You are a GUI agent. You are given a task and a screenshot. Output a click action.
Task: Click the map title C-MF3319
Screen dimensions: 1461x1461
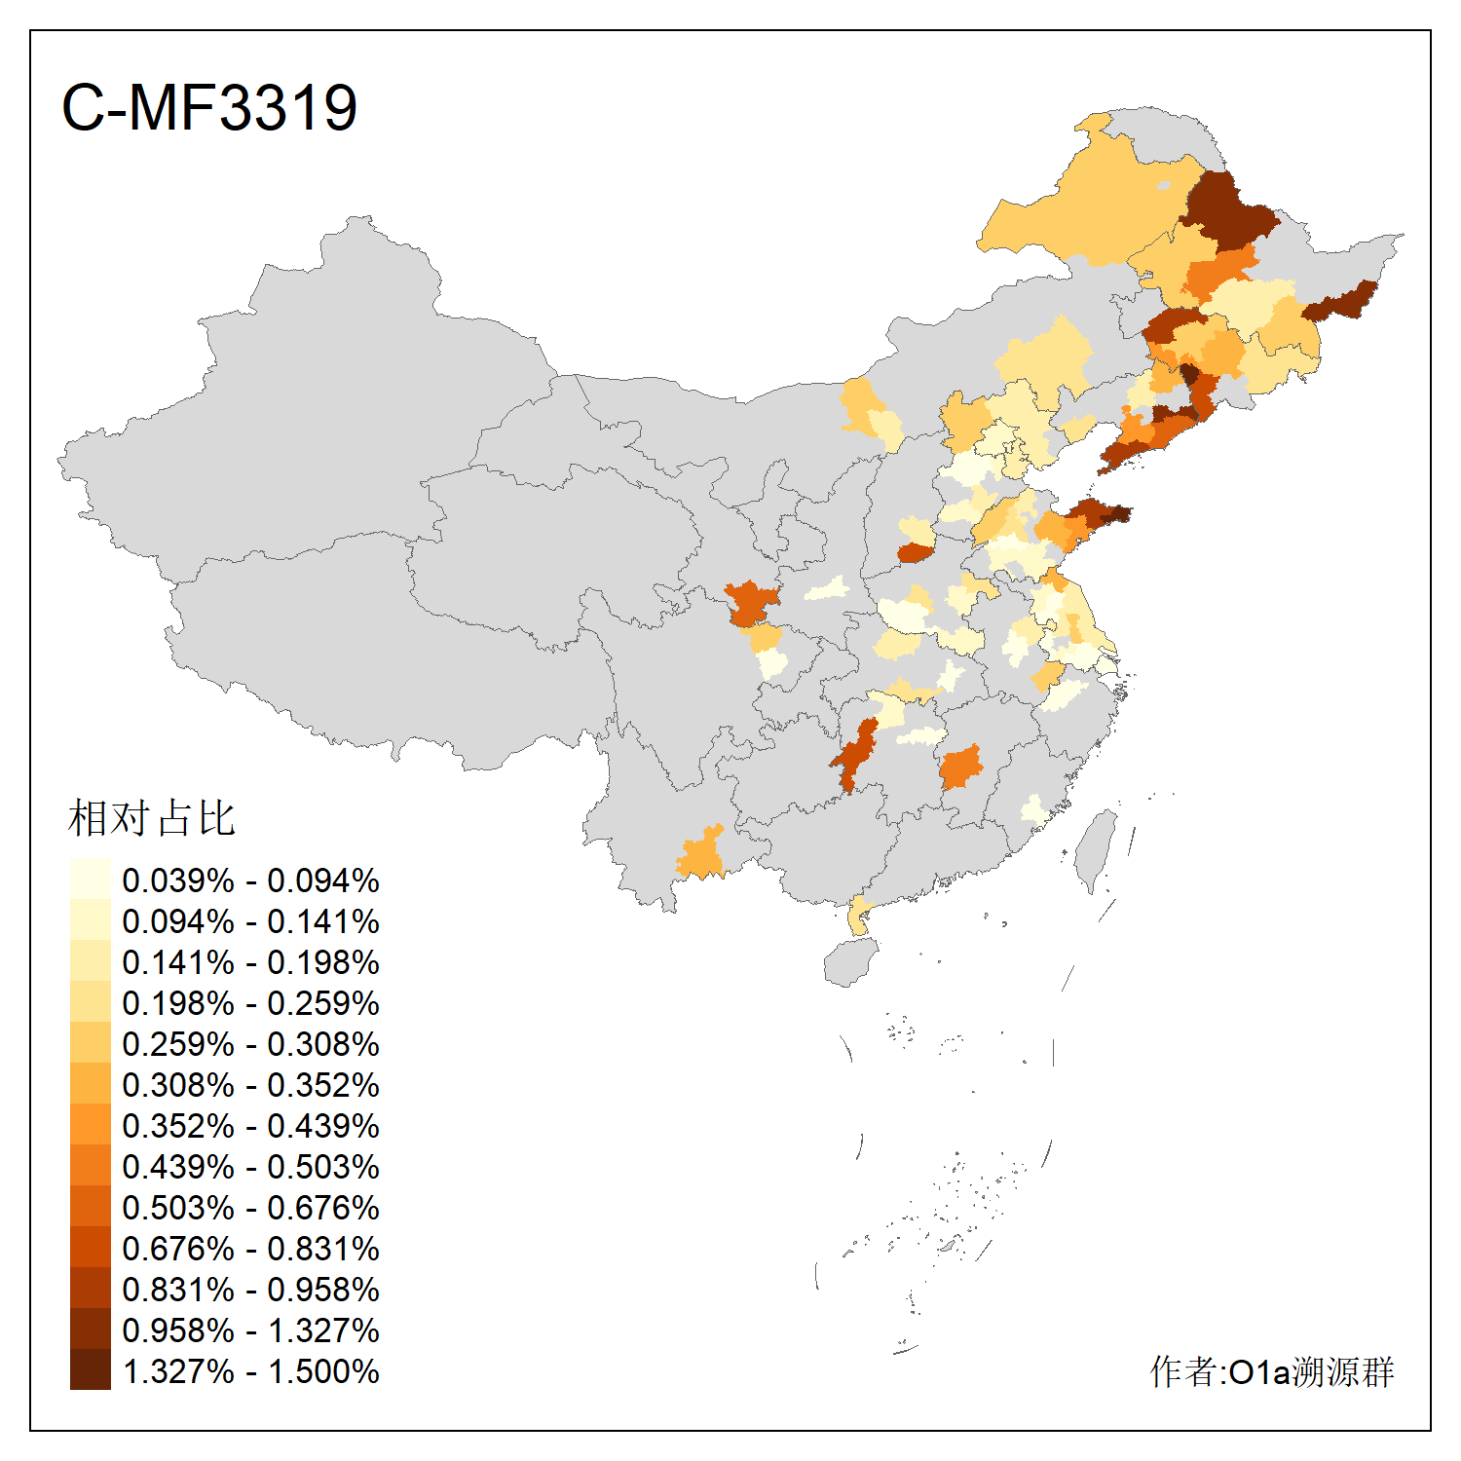point(208,107)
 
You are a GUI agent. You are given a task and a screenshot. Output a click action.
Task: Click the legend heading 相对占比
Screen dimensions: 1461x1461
point(151,818)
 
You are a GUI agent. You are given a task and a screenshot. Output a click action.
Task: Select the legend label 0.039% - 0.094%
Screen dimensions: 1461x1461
point(250,880)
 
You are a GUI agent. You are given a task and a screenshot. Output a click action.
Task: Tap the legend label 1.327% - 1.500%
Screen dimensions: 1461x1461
point(250,1371)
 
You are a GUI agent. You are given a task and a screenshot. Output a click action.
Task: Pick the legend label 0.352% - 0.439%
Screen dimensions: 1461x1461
point(250,1126)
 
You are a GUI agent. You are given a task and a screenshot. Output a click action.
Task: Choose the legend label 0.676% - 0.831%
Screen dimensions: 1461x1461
point(250,1249)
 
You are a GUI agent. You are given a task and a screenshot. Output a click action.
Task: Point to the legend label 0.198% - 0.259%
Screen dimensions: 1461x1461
point(250,1003)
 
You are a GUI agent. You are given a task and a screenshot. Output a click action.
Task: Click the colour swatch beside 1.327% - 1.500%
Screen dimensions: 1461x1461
point(90,1370)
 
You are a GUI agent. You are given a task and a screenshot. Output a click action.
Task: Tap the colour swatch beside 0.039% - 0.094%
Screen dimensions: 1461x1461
point(90,880)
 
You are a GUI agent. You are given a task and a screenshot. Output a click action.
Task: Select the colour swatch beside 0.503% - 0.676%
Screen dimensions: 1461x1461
point(90,1207)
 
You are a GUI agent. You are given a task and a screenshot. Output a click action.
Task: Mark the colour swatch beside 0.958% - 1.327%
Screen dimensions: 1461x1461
point(90,1330)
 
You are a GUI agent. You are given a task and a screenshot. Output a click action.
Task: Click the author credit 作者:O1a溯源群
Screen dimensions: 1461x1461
point(1271,1371)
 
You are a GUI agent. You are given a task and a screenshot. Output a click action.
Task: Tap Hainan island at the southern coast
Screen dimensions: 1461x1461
point(850,961)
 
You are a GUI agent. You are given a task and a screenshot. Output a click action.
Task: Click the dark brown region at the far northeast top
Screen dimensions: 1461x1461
point(1225,209)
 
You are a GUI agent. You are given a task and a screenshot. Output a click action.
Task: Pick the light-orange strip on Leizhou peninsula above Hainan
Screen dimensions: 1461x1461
point(858,916)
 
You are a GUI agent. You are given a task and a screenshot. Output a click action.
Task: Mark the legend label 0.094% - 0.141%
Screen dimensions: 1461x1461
point(250,921)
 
